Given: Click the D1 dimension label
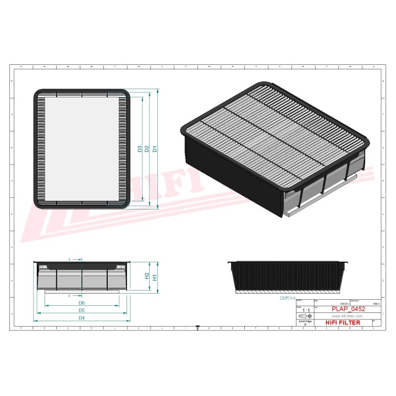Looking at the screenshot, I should point(156,148).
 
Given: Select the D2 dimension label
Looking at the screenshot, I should point(147,148).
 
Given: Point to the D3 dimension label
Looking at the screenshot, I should point(140,148).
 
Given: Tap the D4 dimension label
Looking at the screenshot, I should point(81,318).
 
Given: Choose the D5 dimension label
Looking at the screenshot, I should point(81,311).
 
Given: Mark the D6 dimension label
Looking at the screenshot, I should point(81,303).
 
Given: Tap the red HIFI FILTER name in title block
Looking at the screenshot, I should point(343,323).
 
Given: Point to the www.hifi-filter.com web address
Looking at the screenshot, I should point(345,317).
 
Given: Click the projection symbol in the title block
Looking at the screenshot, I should point(304,317).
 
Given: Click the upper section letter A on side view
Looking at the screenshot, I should point(70,258).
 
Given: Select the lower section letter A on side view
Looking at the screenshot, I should point(70,295).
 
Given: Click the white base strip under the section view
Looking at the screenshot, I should point(289,293).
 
